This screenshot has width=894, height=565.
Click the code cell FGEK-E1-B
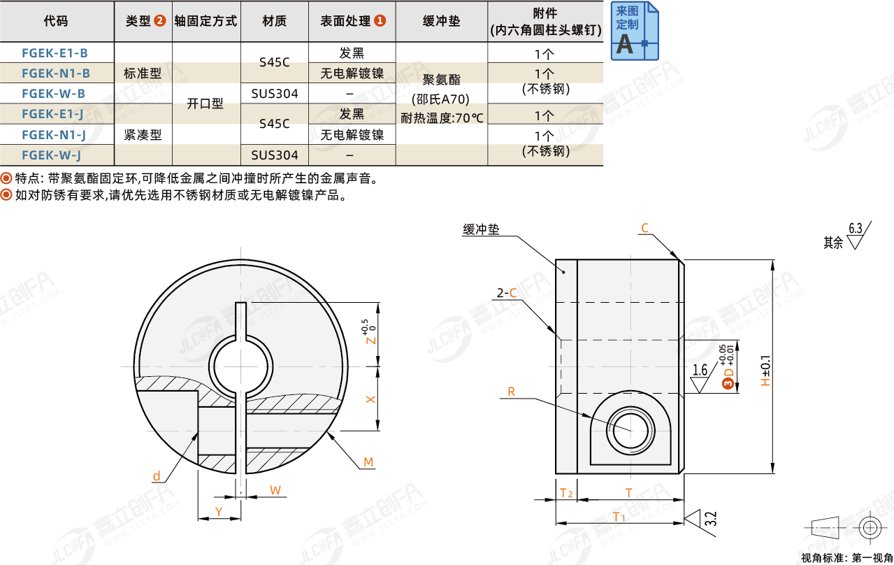coord(55,52)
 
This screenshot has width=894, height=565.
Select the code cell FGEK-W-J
coord(52,155)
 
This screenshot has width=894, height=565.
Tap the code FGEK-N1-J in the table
coord(54,135)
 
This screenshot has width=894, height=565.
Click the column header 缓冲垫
coord(442,21)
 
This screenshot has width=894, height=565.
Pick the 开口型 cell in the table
coord(205,103)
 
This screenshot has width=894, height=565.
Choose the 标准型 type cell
coord(143,73)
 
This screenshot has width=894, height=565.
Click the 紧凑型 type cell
coord(143,135)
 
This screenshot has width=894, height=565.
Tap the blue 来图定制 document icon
coord(635,31)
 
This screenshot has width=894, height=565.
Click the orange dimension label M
coord(368,462)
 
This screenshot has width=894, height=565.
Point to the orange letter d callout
coord(157,476)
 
